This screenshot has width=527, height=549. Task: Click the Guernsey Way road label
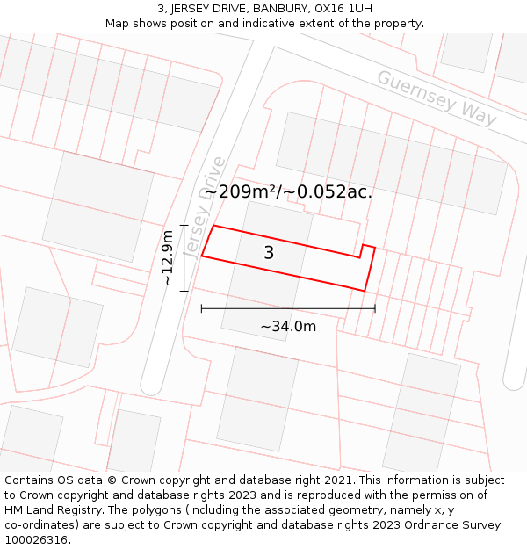437,98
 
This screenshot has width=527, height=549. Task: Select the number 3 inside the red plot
269,253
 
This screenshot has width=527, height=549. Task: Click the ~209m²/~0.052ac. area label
288,191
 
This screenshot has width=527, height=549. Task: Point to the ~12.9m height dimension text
167,258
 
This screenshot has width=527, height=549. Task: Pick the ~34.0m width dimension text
288,327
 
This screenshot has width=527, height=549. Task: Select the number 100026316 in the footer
36,540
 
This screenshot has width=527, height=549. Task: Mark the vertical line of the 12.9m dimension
184,258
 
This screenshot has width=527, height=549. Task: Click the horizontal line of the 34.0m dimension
288,308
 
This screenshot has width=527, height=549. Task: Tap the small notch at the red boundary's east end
368,249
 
